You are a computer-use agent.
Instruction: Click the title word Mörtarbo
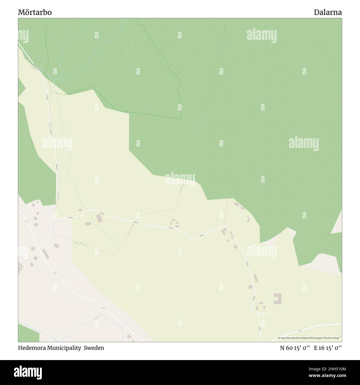coord(35,12)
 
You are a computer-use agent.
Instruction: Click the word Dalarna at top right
coord(328,12)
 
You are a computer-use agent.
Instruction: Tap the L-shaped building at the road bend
coord(223,232)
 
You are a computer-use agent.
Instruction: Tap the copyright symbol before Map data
coord(279,338)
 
